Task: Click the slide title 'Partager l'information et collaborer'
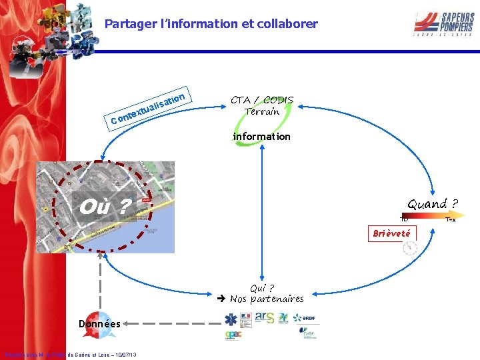click(x=211, y=24)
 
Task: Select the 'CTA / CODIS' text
click(x=262, y=100)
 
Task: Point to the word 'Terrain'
click(x=262, y=111)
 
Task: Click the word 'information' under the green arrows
click(x=262, y=137)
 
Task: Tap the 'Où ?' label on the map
click(x=104, y=207)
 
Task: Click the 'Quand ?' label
click(x=433, y=204)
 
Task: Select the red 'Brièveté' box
click(x=393, y=233)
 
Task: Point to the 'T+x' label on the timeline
click(x=451, y=219)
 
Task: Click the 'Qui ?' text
click(x=262, y=288)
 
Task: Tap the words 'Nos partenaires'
click(x=267, y=299)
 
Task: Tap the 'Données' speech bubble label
click(x=99, y=324)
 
